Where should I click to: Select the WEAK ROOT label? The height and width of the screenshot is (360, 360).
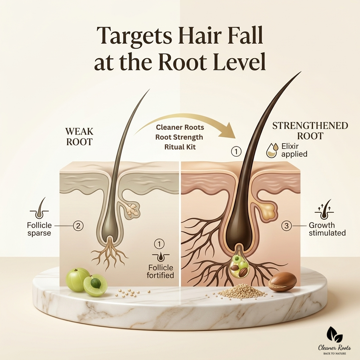coord(79,137)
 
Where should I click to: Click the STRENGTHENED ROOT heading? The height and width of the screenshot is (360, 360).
coord(310,131)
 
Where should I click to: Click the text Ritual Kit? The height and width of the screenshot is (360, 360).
coord(180,147)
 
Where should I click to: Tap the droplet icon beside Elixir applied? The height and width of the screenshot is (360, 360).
coord(272,150)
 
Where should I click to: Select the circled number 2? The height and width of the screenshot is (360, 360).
coord(78,226)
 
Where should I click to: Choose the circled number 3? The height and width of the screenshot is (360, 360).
coord(286,226)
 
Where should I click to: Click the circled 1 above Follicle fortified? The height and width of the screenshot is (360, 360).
coord(159,244)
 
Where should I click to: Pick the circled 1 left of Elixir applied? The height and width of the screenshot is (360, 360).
coord(236,152)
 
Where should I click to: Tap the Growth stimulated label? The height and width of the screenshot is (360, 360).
coord(327,229)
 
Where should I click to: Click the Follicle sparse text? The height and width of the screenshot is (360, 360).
coord(39,229)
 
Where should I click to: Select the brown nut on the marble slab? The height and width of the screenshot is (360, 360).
coord(282,282)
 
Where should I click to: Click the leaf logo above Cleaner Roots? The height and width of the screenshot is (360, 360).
coord(334,334)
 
